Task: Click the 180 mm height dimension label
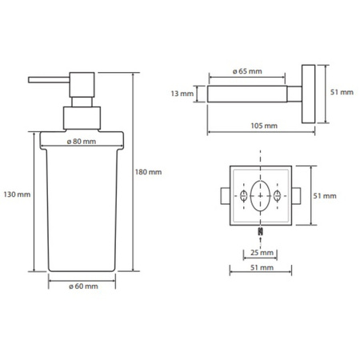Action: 148,172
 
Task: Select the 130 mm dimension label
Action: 17,194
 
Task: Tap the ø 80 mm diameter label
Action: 82,142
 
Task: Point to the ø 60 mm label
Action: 83,286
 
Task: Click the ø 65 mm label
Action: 247,71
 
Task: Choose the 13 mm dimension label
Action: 182,94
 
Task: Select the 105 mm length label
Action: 264,126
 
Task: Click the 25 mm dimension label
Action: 262,252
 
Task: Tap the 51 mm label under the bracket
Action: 262,267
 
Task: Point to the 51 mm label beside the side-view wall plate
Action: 342,92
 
